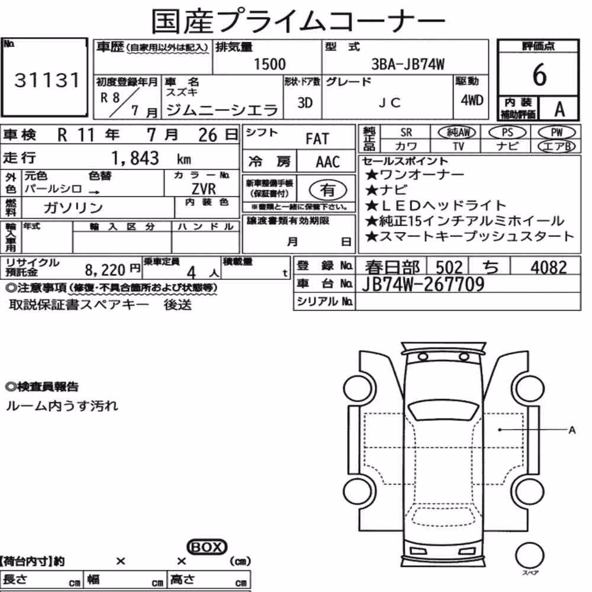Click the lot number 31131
[x=47, y=81]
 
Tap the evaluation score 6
[x=539, y=75]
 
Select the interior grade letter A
[x=559, y=110]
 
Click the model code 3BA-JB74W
[x=408, y=65]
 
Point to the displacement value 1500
[x=270, y=64]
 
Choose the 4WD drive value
[x=472, y=101]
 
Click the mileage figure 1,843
[x=135, y=158]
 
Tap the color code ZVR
[x=204, y=188]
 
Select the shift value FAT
[x=317, y=139]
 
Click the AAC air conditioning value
[x=328, y=162]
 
